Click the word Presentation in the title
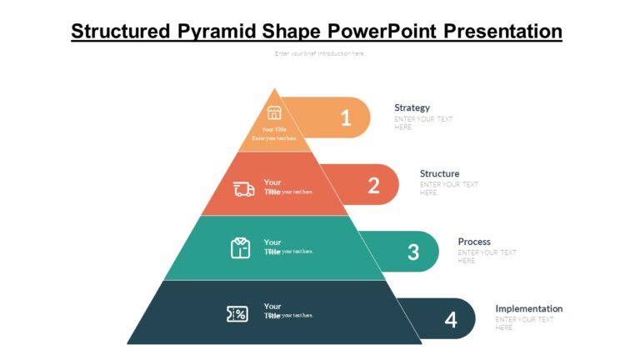502,32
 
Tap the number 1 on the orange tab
346,118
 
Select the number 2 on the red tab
373,185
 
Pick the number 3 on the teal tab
412,252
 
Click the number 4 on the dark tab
451,319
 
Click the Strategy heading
412,107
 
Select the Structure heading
439,173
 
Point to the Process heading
474,242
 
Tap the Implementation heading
528,308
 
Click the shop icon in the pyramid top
274,113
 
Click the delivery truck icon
244,189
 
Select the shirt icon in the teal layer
240,247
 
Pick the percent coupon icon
237,314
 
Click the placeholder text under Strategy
423,122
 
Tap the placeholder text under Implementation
524,323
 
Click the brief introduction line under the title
320,53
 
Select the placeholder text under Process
487,256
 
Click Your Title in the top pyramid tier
274,129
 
